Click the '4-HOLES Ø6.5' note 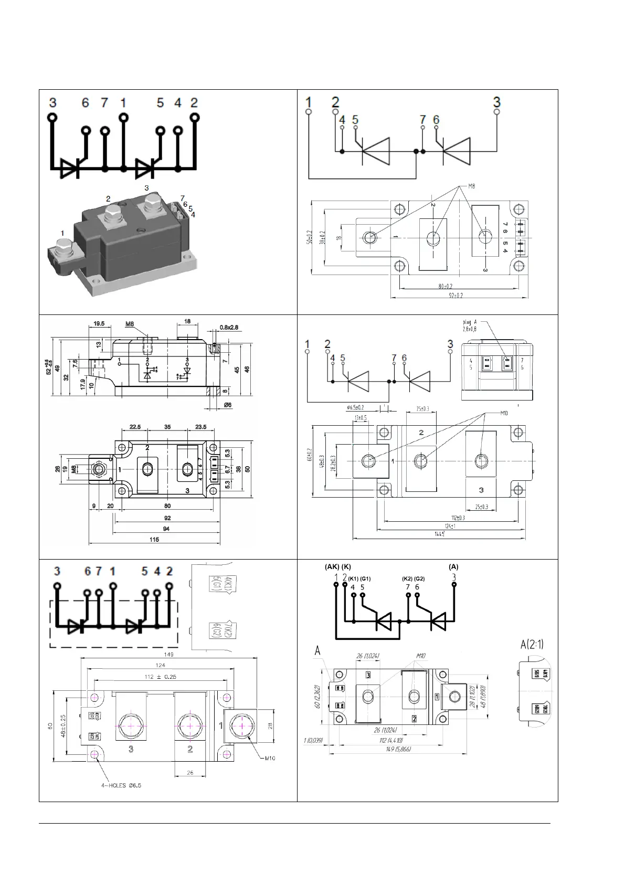coord(121,785)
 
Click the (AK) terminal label coord(332,567)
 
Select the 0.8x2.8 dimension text coord(229,328)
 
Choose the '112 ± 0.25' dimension coord(160,677)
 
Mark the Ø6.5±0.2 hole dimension coord(355,408)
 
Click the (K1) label coord(353,578)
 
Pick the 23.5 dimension coord(200,427)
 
